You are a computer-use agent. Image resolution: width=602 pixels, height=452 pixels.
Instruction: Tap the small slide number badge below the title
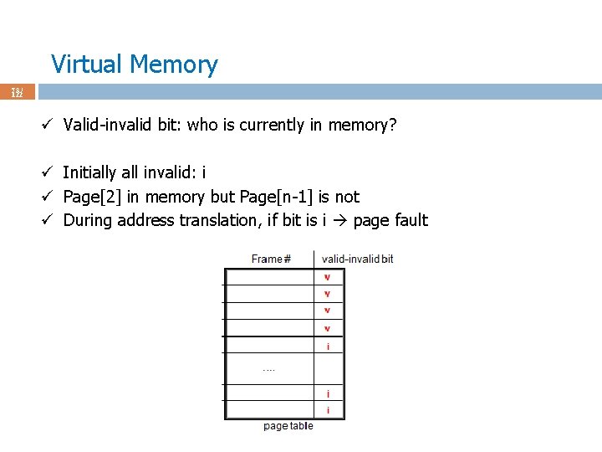[x=17, y=92]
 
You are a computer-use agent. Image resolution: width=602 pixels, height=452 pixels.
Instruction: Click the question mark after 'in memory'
[x=392, y=126]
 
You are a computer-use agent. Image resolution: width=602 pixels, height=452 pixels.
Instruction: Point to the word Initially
[x=89, y=173]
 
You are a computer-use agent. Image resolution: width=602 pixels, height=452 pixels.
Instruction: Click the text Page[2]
[x=92, y=197]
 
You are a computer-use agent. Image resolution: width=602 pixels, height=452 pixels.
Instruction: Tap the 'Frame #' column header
[x=271, y=259]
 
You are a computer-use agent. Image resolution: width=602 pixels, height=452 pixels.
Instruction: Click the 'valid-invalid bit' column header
[x=357, y=259]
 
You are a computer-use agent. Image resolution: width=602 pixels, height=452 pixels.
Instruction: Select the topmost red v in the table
[x=327, y=277]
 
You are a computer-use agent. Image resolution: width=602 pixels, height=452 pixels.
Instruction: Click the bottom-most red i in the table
[x=328, y=410]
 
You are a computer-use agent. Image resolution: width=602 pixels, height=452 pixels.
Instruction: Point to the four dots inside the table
[x=268, y=368]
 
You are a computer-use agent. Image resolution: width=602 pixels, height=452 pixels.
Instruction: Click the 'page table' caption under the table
[x=288, y=426]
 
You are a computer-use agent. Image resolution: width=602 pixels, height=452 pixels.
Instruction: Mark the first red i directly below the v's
[x=328, y=346]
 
